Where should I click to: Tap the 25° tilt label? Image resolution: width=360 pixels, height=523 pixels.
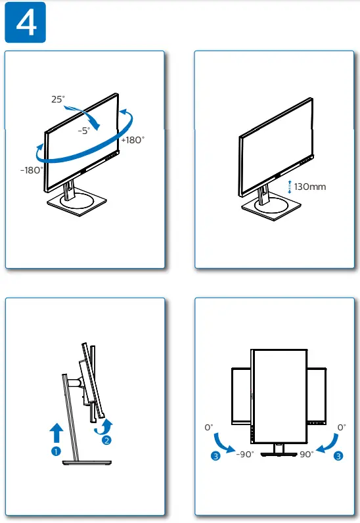point(58,99)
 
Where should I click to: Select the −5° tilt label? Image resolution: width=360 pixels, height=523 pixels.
point(84,131)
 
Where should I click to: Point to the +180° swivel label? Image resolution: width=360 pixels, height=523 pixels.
point(133,139)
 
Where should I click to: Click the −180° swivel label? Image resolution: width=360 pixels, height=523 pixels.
point(31,170)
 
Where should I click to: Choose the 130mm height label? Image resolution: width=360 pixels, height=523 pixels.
point(310,187)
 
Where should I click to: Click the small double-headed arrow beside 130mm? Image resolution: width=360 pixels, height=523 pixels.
point(289,187)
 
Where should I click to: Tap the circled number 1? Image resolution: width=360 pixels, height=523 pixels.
point(56,451)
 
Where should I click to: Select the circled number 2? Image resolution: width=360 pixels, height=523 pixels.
point(107,440)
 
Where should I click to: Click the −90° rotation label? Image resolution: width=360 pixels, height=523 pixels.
point(244,455)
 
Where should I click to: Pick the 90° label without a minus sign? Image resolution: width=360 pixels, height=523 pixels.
point(306,455)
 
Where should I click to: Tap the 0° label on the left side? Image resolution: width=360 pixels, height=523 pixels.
point(210,427)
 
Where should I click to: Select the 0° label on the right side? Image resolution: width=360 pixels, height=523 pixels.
point(341,427)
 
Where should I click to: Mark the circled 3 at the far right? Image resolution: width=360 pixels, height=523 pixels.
point(338,455)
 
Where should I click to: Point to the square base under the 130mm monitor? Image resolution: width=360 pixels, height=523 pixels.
point(267,210)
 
